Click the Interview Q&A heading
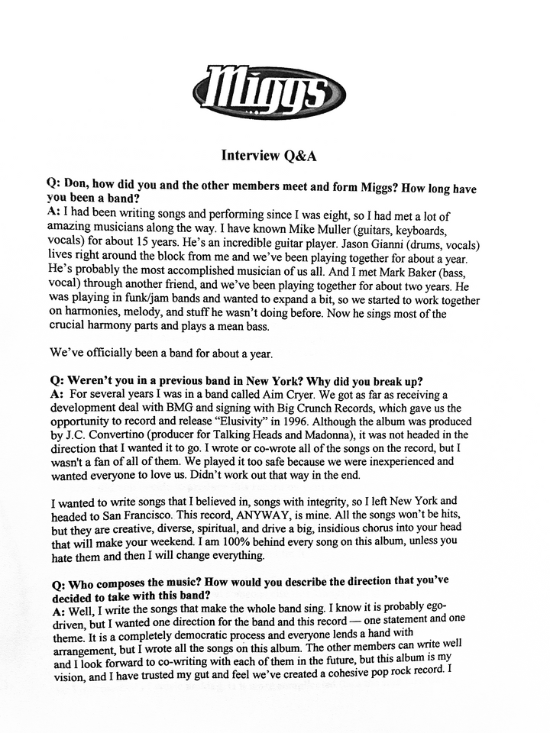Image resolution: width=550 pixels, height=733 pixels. (269, 156)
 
